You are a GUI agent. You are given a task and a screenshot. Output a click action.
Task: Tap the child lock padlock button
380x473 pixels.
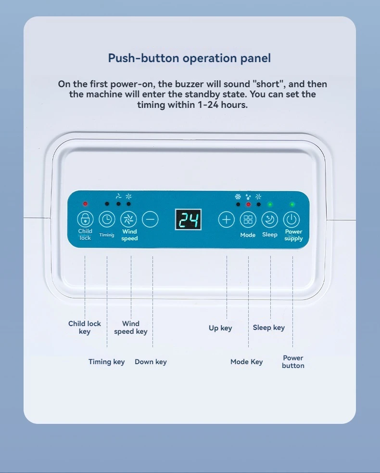[85, 219]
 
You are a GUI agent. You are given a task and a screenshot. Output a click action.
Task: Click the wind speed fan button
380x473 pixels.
[129, 219]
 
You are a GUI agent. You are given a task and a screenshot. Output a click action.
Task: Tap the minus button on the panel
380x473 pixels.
[150, 219]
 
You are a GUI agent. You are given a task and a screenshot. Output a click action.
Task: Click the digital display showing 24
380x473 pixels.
[189, 219]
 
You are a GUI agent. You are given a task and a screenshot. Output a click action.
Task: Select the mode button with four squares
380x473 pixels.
[248, 219]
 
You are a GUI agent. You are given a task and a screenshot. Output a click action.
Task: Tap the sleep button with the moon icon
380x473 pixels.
[270, 219]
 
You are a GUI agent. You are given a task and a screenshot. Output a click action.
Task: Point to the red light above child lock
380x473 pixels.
[85, 204]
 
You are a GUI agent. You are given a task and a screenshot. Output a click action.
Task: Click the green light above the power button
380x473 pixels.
[292, 204]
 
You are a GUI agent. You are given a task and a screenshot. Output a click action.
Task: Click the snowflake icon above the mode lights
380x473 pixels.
[238, 197]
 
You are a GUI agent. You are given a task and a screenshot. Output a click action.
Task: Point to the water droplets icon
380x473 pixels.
[248, 197]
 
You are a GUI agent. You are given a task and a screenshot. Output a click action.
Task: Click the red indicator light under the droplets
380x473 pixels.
[248, 204]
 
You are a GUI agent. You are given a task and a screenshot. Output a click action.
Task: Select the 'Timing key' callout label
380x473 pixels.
[106, 362]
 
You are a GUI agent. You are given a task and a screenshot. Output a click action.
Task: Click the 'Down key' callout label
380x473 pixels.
[151, 362]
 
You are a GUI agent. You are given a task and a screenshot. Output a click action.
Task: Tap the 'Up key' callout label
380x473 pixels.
[220, 328]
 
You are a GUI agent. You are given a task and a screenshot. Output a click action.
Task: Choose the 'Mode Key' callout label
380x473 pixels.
[246, 362]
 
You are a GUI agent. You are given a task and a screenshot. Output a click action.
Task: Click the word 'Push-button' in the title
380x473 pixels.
[143, 58]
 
